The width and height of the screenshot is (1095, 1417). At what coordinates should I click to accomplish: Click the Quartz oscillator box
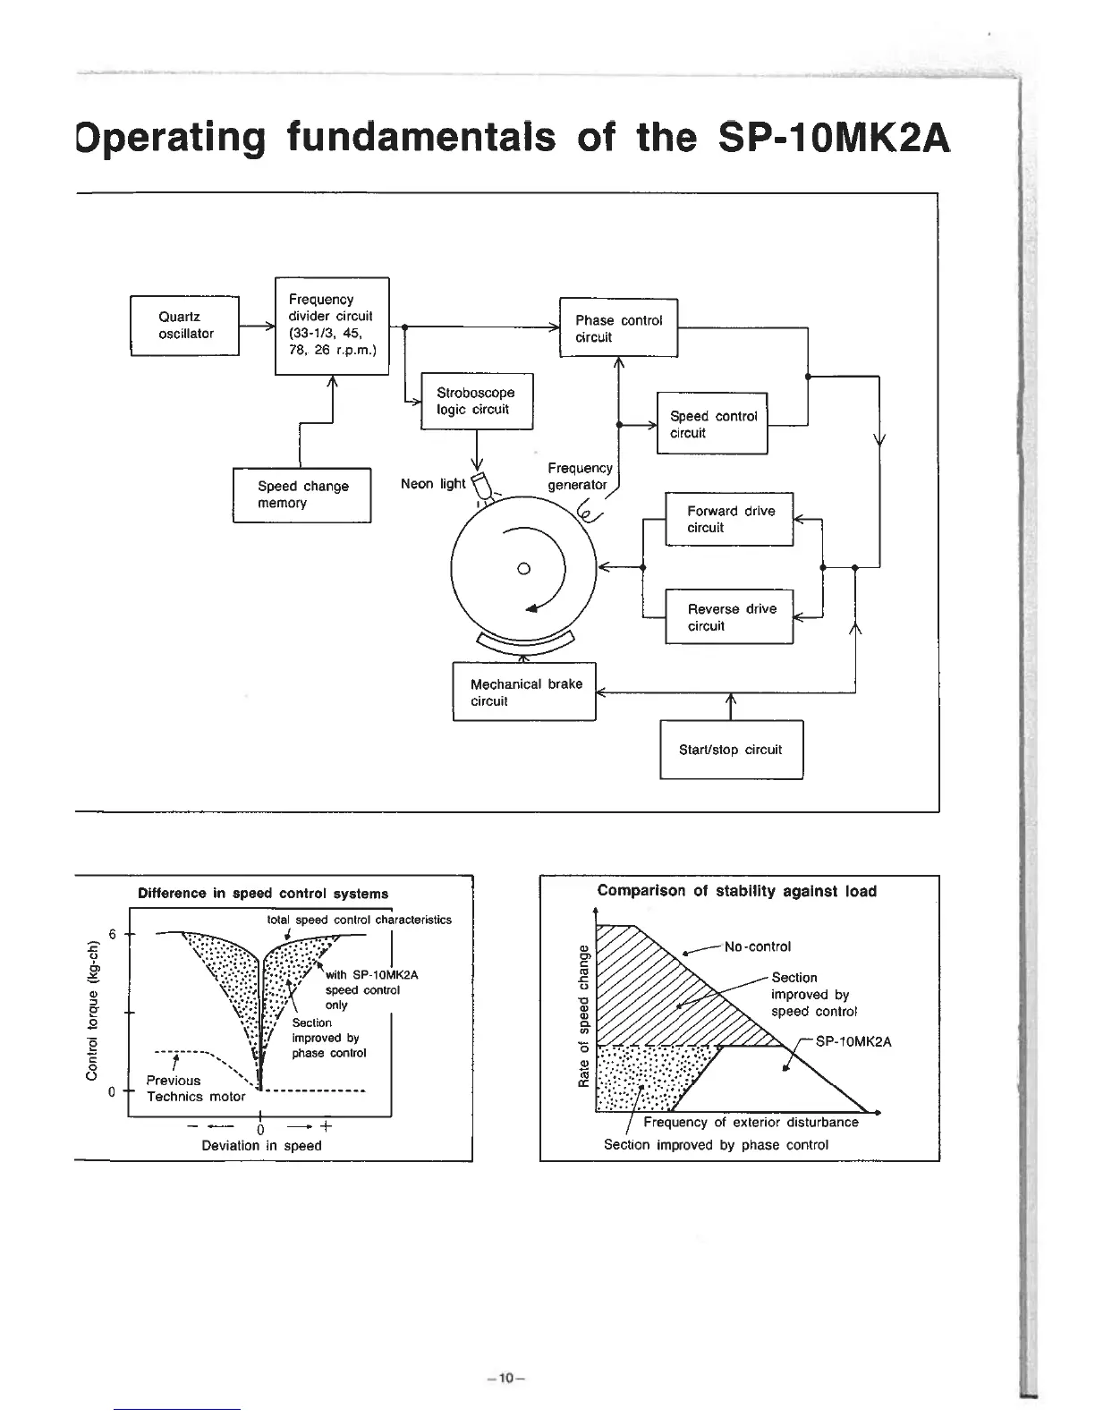pos(185,326)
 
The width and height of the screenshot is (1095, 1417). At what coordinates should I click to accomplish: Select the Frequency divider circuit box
pos(331,326)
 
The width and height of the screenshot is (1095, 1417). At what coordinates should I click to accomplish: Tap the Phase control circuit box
pos(618,328)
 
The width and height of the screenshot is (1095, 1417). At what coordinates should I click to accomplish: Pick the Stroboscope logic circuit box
pos(477,401)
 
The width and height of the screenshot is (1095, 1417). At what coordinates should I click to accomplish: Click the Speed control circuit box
pos(712,424)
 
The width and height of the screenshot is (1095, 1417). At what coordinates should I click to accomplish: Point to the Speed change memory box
pos(301,495)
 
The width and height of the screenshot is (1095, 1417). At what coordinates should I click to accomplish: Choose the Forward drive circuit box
pos(729,519)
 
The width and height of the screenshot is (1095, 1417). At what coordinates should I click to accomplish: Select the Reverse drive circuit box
pos(729,617)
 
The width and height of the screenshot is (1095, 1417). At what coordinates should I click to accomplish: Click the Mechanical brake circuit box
pos(524,692)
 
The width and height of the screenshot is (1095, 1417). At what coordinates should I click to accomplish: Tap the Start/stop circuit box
pos(731,750)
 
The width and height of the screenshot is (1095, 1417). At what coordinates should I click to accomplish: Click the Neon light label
pos(433,484)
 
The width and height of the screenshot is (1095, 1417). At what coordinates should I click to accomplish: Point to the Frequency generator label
pos(580,477)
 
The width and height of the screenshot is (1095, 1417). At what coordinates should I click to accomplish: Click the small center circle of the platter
pos(524,568)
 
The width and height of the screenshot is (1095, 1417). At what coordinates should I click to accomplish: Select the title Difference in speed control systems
pos(263,894)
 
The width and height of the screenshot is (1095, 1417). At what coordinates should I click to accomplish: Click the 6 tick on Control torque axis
pos(113,935)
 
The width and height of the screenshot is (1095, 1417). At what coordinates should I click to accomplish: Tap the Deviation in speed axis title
pos(261,1145)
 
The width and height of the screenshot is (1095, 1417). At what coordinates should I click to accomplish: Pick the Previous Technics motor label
pos(195,1089)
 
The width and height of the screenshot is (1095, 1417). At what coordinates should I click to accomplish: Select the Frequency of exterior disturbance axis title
pos(751,1123)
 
